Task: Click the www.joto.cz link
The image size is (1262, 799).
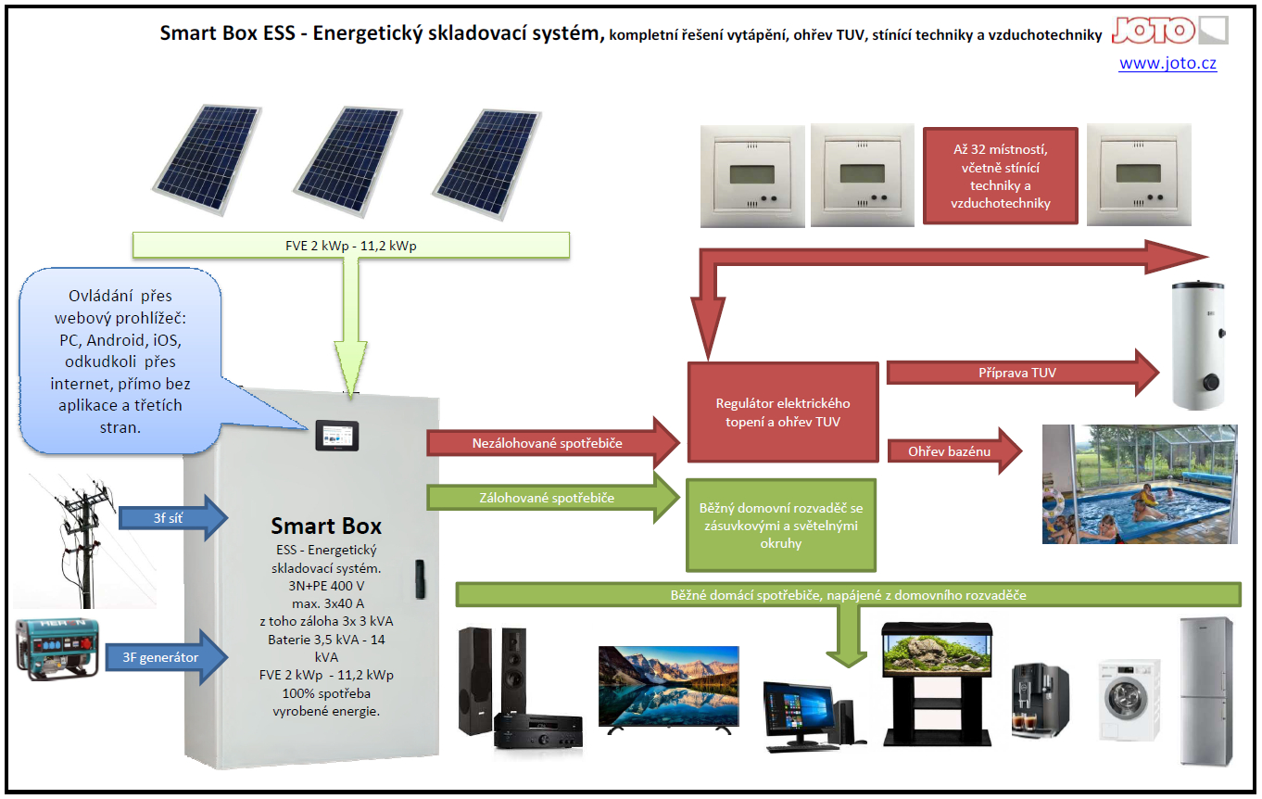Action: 1167,64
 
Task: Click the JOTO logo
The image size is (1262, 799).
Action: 1169,31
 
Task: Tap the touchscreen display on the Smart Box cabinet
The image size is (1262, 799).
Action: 337,436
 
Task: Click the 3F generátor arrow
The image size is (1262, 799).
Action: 167,657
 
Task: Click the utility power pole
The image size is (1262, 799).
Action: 84,541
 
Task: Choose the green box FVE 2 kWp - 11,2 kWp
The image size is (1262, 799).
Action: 351,246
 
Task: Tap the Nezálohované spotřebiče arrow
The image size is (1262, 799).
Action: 553,443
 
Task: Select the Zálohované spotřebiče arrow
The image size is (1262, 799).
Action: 553,498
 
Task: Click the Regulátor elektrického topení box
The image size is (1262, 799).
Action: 783,412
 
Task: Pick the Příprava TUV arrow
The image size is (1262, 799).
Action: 1023,373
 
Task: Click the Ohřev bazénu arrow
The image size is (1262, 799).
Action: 954,451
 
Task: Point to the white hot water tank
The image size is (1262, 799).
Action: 1198,344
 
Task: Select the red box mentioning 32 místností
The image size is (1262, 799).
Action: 1000,176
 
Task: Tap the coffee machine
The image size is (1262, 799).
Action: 1040,701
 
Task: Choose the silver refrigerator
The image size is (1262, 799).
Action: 1206,691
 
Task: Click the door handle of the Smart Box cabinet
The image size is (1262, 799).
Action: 420,579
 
